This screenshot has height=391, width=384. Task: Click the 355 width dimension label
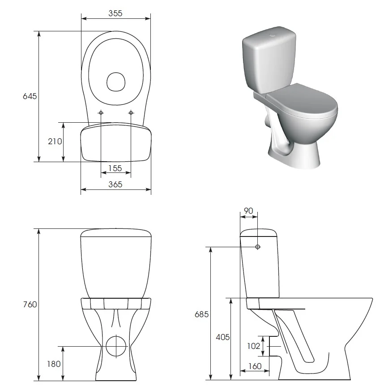115,13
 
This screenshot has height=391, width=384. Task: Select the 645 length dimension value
30,96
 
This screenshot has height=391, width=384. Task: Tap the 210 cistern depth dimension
55,142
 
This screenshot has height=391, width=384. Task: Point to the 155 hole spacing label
115,168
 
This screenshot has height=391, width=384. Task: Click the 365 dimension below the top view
115,184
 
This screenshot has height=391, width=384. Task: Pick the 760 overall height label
30,305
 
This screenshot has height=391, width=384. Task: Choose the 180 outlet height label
54,364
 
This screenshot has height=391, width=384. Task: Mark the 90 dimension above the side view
248,211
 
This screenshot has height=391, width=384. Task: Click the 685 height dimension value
201,314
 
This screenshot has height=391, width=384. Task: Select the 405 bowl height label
222,337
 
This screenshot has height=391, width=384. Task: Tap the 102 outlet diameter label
253,346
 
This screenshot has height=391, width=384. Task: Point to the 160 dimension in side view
254,366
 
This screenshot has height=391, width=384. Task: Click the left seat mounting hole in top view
101,112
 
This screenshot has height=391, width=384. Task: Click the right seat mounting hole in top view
131,112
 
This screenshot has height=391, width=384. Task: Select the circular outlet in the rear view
116,346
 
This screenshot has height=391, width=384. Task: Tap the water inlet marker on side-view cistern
258,247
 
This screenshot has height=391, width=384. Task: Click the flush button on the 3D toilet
273,34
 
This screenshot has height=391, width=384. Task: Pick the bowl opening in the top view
115,82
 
